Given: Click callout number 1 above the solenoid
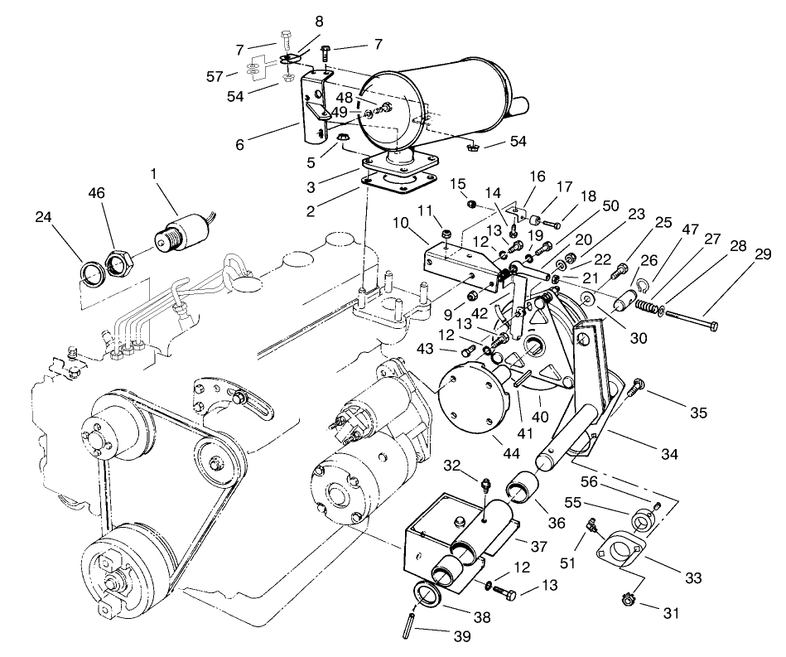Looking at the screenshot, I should (152, 176).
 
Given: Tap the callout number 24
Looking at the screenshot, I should (42, 218).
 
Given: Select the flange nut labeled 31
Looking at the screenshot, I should (625, 597).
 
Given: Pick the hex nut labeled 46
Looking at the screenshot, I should (119, 263).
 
